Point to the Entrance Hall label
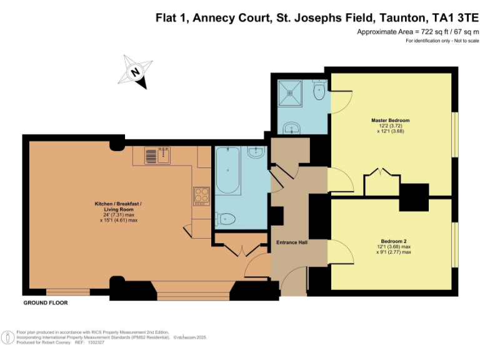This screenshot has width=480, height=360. (292, 242)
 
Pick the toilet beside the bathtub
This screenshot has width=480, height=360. (226, 219)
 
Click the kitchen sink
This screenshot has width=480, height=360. (157, 154)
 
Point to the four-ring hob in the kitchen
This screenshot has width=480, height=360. (201, 195)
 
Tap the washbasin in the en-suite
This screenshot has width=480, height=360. (291, 129)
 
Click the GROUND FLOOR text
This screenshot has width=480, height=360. (45, 302)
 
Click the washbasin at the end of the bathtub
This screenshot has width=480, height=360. (256, 152)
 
